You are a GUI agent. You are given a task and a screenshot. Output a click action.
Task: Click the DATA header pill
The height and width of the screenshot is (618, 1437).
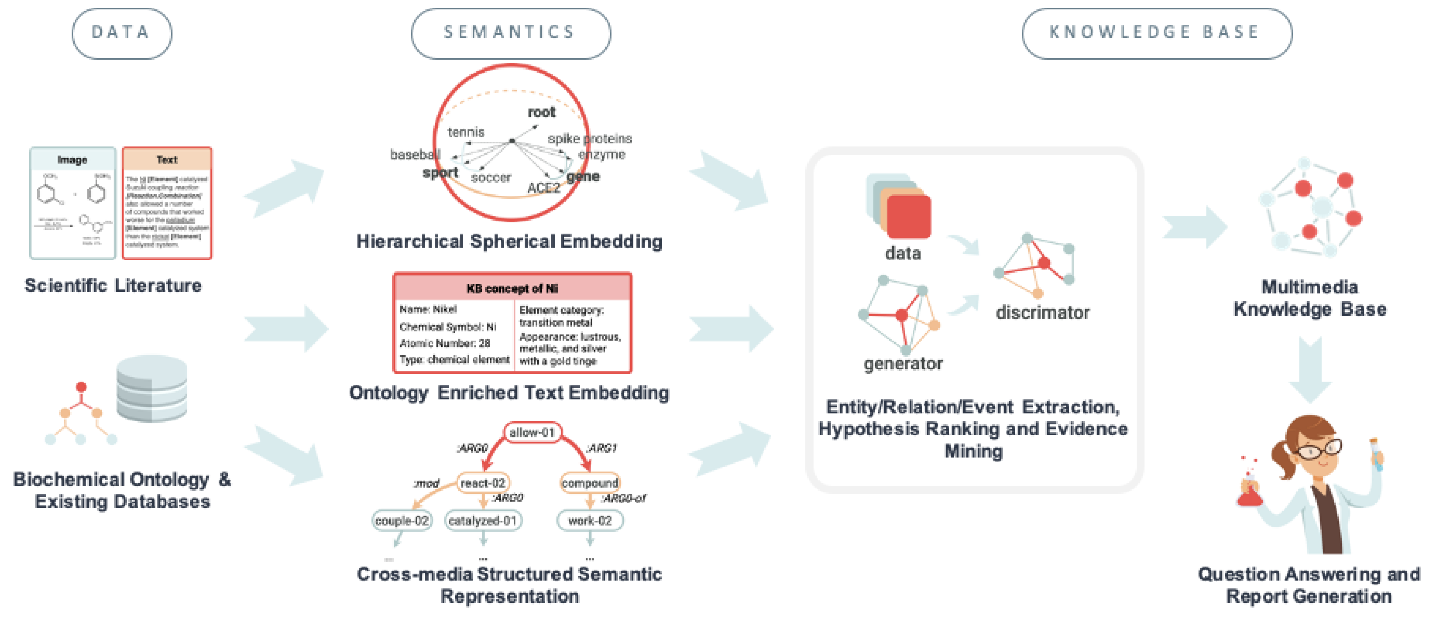[x=122, y=33]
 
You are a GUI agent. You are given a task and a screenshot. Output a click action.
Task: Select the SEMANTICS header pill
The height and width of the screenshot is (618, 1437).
[x=510, y=33]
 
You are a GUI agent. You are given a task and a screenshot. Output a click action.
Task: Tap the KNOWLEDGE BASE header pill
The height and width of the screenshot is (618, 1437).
[x=1156, y=33]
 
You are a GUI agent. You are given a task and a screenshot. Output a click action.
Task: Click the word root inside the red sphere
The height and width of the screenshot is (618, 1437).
[x=541, y=112]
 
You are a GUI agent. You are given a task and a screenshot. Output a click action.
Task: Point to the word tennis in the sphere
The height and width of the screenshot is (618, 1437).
[x=466, y=132]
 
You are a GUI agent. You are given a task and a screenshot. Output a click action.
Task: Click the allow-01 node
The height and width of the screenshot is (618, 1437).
[x=531, y=432]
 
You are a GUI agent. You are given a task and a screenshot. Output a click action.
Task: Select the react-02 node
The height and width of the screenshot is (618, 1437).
[x=483, y=482]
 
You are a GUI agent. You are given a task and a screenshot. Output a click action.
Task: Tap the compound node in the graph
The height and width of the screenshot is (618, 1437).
[x=590, y=482]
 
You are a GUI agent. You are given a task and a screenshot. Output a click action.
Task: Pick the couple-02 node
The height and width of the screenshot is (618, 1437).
[x=402, y=520]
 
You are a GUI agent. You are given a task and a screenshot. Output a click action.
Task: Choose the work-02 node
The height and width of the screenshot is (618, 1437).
[x=590, y=520]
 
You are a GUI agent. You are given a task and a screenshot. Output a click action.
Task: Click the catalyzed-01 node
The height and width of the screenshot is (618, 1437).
[x=483, y=520]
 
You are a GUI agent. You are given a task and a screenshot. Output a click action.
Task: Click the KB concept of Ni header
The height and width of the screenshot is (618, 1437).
[x=512, y=288]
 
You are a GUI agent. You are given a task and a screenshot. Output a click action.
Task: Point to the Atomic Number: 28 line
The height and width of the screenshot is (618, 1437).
[x=445, y=343]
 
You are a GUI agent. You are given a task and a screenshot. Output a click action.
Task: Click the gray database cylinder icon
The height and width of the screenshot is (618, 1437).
[x=152, y=389]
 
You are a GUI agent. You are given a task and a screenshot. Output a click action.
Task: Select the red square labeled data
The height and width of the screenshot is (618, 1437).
[x=908, y=217]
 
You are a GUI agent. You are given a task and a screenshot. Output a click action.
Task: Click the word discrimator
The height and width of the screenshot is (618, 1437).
[x=1042, y=312]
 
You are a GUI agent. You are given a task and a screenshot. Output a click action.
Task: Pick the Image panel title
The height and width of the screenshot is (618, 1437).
[x=72, y=159]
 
